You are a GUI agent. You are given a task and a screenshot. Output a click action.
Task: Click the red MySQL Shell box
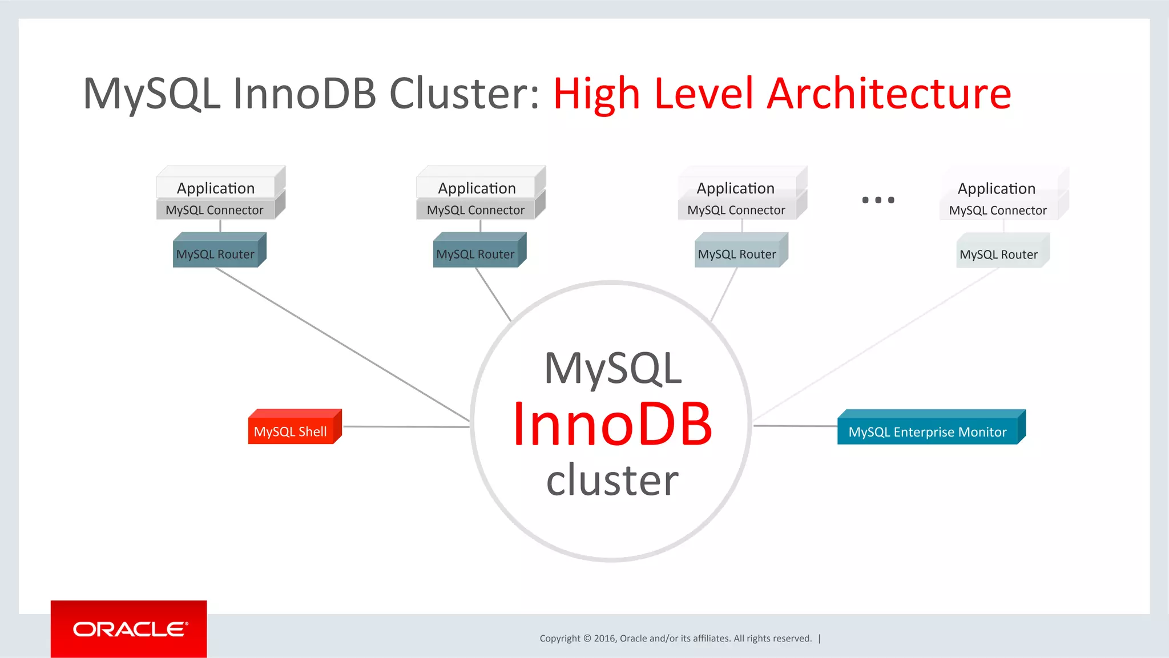pyautogui.click(x=291, y=431)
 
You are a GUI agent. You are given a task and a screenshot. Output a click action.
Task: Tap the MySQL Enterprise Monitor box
pyautogui.click(x=928, y=431)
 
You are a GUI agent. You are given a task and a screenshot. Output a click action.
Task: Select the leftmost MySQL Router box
pyautogui.click(x=216, y=254)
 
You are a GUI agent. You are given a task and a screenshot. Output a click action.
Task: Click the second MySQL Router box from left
pyautogui.click(x=476, y=254)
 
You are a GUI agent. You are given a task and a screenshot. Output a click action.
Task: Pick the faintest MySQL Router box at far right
pyautogui.click(x=999, y=255)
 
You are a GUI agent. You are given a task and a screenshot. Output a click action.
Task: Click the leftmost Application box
pyautogui.click(x=216, y=188)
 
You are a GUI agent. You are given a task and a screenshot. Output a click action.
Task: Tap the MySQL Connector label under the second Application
pyautogui.click(x=475, y=210)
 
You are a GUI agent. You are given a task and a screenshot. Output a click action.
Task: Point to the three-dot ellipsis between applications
pyautogui.click(x=878, y=200)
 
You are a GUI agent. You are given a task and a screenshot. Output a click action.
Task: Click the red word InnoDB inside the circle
pyautogui.click(x=612, y=425)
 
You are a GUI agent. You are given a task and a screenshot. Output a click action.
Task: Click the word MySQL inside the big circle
pyautogui.click(x=612, y=369)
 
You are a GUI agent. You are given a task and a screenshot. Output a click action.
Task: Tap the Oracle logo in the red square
pyautogui.click(x=130, y=629)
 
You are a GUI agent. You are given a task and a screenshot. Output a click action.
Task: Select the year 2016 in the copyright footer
pyautogui.click(x=604, y=638)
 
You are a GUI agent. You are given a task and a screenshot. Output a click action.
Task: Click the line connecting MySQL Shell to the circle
pyautogui.click(x=405, y=426)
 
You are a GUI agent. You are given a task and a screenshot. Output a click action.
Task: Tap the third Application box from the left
pyautogui.click(x=735, y=188)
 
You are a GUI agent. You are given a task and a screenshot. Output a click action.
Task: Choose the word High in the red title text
pyautogui.click(x=596, y=94)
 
